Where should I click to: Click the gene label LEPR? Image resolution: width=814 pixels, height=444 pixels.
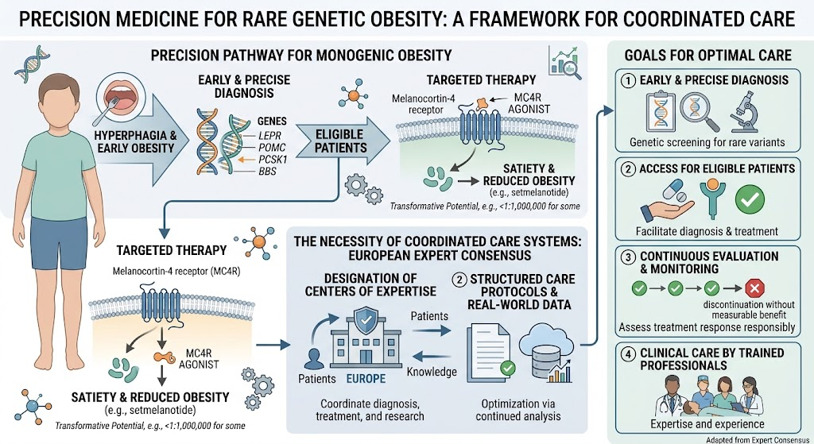(270, 135)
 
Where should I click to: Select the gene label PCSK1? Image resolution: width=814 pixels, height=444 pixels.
(273, 159)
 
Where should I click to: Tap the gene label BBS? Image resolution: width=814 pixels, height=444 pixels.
(267, 172)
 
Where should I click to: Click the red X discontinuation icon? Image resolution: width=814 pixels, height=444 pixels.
(754, 288)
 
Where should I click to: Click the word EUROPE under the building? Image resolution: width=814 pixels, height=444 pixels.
(366, 379)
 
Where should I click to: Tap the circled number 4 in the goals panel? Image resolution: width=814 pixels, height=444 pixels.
(628, 353)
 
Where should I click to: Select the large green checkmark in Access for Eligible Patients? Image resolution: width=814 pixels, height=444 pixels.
(750, 199)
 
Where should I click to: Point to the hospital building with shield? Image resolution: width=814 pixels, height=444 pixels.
(366, 338)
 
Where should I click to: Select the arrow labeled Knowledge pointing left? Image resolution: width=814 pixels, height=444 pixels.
(432, 357)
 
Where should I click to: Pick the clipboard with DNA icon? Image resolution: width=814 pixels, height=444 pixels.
(661, 111)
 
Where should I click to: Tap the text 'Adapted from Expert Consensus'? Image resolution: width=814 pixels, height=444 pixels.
(758, 440)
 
